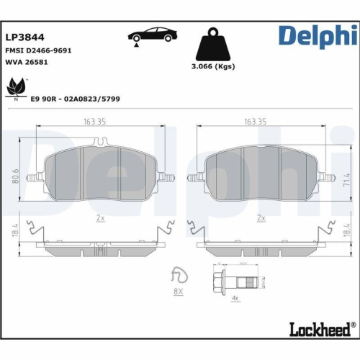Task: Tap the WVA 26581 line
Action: (x=26, y=63)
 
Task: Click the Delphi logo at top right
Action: (x=318, y=36)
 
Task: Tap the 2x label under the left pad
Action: (x=101, y=217)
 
